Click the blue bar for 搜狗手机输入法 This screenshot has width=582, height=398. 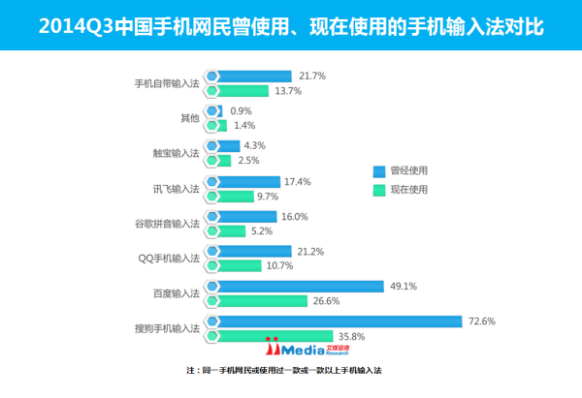(339, 321)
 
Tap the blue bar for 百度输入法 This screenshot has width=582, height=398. (301, 286)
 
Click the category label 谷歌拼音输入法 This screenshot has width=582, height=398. (166, 223)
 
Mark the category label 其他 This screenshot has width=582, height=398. (189, 118)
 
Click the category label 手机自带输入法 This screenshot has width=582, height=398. (166, 82)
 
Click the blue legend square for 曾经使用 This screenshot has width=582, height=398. (379, 170)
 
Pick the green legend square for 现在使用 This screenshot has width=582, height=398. (379, 191)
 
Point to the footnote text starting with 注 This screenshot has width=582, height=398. (290, 371)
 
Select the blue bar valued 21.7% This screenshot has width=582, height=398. (254, 76)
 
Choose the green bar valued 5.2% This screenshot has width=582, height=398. (232, 230)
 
